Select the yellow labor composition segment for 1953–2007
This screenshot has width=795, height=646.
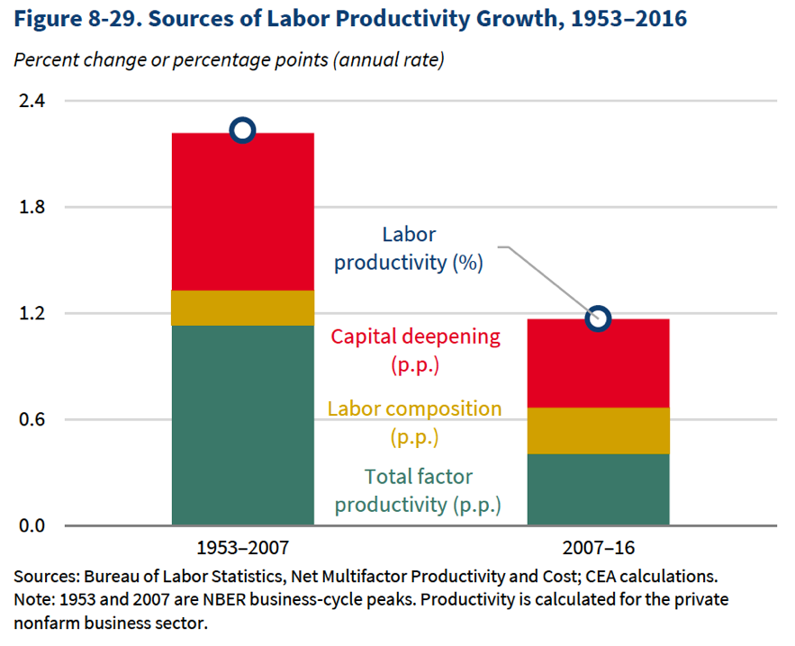coord(242,308)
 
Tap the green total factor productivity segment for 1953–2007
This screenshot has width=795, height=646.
coord(242,425)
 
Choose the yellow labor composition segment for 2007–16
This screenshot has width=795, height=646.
coord(598,431)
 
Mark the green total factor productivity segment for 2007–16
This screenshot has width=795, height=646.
coord(598,489)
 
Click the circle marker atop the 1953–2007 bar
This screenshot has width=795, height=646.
coord(242,130)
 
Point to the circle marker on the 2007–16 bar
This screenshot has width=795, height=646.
coord(598,319)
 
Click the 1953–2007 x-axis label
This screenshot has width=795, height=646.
coord(242,548)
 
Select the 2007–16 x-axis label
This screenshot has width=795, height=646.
coord(598,548)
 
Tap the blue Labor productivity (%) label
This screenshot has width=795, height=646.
coord(409,249)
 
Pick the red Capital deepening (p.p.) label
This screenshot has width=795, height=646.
coord(415,351)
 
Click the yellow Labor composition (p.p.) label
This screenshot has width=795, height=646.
coord(414,423)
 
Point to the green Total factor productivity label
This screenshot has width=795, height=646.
coord(418,490)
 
